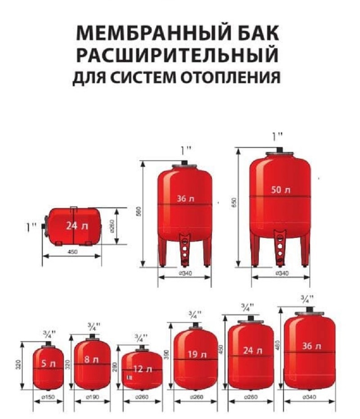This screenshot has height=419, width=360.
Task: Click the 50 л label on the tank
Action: pos(280,190)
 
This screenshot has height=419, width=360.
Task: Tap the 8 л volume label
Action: pos(92,359)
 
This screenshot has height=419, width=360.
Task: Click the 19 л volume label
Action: pos(195,355)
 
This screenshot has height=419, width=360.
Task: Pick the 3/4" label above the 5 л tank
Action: pos(49,334)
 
